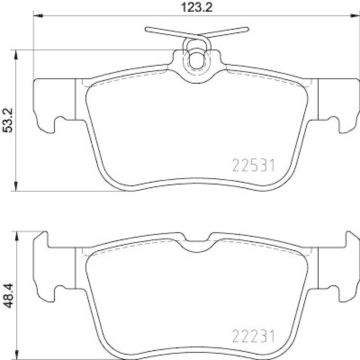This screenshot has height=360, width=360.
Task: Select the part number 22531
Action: click(x=253, y=167)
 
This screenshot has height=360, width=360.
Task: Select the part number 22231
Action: click(x=253, y=336)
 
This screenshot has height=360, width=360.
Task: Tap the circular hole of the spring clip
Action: click(x=196, y=60)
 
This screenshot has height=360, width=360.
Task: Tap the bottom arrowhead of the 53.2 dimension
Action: click(x=17, y=186)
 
